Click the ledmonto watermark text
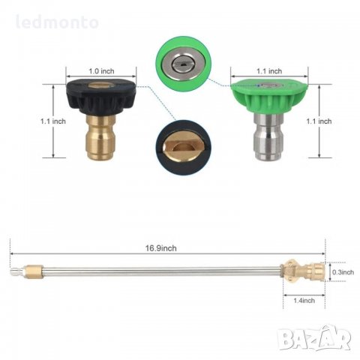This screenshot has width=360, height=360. [x=57, y=22]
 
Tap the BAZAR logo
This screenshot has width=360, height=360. [x=315, y=338]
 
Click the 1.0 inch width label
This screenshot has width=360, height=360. [x=101, y=71]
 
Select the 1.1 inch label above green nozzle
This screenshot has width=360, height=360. [x=269, y=71]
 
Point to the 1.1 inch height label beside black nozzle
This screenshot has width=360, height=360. [x=53, y=121]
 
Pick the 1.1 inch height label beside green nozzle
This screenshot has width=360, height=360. [x=319, y=121]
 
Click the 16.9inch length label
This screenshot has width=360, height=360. [x=161, y=248]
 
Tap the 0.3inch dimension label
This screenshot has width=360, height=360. [x=343, y=272]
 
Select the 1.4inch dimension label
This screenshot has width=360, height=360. [x=304, y=300]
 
